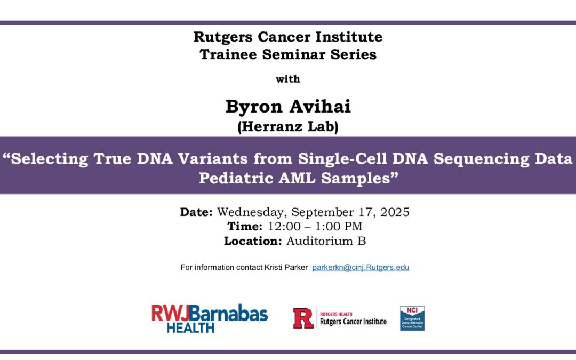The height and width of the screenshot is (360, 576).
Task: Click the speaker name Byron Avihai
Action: (288, 107)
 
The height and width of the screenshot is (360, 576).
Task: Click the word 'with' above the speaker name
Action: (288, 79)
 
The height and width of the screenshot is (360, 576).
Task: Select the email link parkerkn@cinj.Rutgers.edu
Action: (361, 267)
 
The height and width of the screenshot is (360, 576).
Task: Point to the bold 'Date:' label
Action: (196, 212)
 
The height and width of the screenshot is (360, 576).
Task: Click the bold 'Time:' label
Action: (244, 226)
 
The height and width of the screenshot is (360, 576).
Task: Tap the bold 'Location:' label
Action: (252, 241)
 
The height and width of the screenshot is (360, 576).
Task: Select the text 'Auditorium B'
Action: (326, 241)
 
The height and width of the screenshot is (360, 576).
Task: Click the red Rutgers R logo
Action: (303, 318)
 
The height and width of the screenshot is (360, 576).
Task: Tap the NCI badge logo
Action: (412, 318)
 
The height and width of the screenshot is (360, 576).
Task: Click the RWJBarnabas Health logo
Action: (210, 318)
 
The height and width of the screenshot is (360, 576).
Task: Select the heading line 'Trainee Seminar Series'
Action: (288, 54)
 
